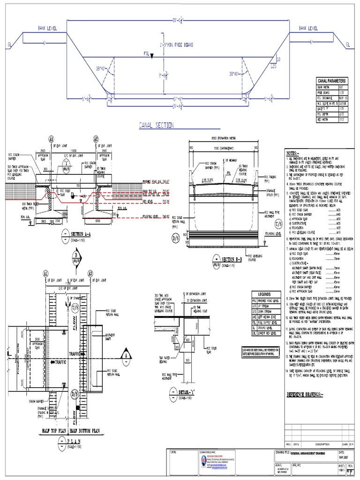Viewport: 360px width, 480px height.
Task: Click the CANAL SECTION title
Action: [x=156, y=125]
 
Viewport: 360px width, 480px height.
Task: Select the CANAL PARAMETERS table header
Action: [x=333, y=81]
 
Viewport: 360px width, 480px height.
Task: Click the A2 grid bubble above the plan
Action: [x=90, y=273]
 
